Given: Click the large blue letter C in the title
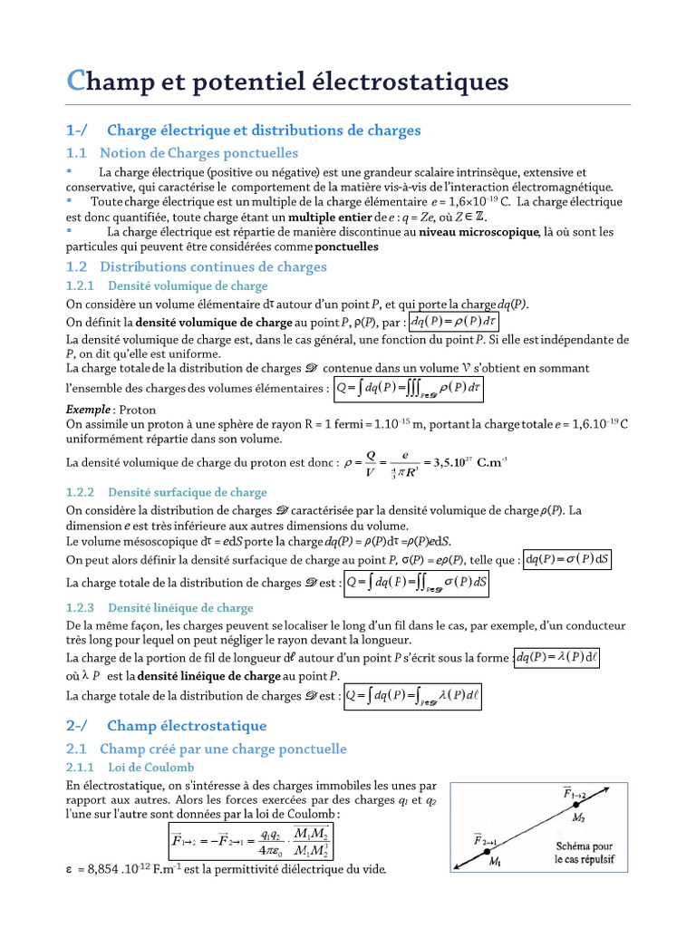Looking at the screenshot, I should pos(77,82).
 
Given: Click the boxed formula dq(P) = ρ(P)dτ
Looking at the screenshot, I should pos(453,323).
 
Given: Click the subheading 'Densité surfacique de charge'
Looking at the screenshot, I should pos(188,493).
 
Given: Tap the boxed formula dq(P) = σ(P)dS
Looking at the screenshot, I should pos(569,560).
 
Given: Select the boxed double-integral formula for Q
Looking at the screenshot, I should pos(418,584).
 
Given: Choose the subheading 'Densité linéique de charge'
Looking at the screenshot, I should pos(180,608).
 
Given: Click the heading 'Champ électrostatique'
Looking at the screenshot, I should pos(187,726).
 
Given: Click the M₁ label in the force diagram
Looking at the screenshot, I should pos(497,861).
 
